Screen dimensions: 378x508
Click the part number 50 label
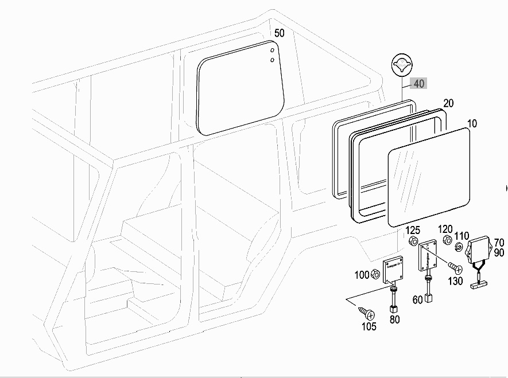(x=279, y=33)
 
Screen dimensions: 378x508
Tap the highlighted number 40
(x=419, y=84)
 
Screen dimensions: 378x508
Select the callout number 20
(x=448, y=103)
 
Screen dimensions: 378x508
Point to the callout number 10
(x=472, y=123)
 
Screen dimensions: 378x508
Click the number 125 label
(x=413, y=230)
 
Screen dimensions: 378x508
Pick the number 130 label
(x=455, y=280)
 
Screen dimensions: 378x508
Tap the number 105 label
(x=369, y=326)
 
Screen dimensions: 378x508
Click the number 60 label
(x=418, y=299)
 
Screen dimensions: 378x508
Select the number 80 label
(x=394, y=319)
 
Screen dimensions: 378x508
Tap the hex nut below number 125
(x=413, y=241)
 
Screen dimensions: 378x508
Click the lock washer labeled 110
(x=459, y=247)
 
